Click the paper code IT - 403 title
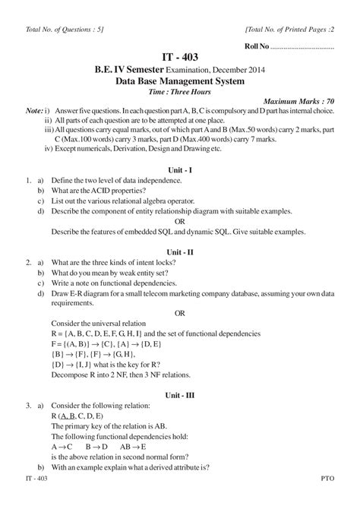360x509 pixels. (x=180, y=58)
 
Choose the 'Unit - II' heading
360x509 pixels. (x=179, y=250)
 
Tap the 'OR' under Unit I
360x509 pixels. (x=179, y=221)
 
